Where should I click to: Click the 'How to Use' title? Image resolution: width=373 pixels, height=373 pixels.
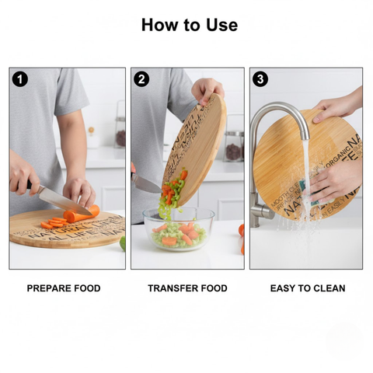pos(189,25)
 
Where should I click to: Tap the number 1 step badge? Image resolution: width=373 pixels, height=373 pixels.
pos(20,78)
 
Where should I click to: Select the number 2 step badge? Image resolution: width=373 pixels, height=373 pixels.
pos(141,78)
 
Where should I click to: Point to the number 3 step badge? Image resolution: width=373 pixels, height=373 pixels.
pos(260,78)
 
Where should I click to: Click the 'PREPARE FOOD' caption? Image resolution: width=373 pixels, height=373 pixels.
pos(64,288)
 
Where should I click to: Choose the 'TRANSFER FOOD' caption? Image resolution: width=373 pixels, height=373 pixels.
pos(187,288)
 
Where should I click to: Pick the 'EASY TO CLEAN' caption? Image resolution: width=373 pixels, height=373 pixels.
pos(308,288)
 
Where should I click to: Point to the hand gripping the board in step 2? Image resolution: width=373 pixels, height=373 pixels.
pos(207,89)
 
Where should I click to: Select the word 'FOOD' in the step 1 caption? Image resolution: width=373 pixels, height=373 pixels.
pos(86,288)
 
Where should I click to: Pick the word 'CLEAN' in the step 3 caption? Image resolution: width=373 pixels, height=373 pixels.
pos(329,288)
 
